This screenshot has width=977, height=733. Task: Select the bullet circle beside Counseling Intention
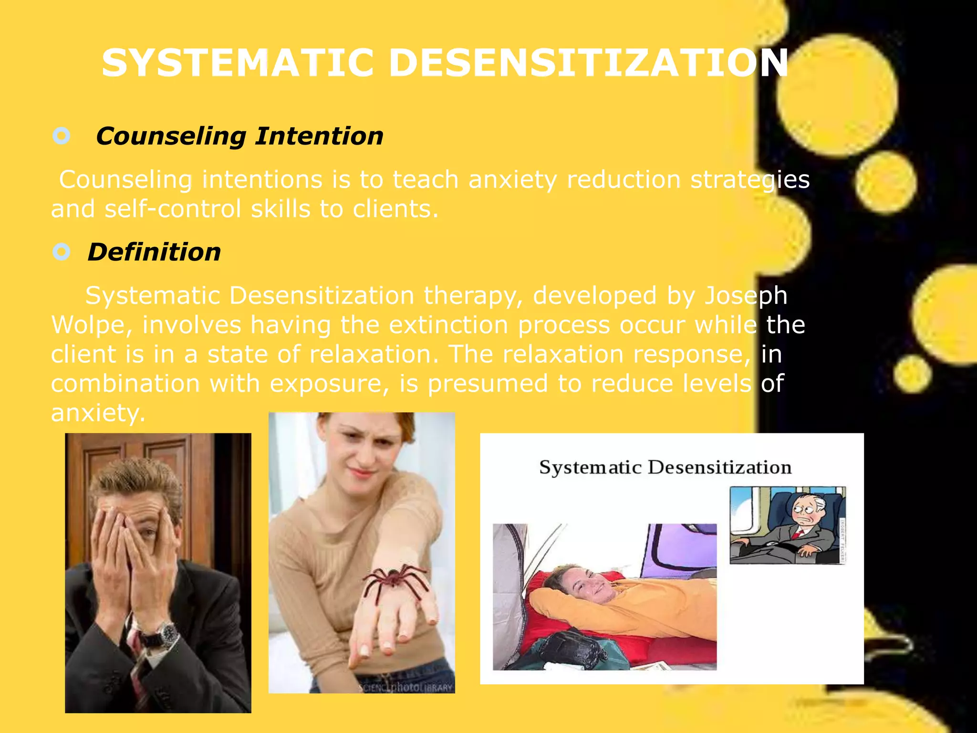[x=62, y=136]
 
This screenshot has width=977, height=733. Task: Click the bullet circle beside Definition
[x=62, y=251]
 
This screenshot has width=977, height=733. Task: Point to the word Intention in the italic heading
[x=319, y=136]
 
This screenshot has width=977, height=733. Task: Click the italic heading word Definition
[x=154, y=252]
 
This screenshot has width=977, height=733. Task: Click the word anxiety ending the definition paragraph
[x=97, y=413]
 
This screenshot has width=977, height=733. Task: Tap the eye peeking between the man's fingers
[x=146, y=533]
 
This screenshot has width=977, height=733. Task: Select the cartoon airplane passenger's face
[x=806, y=513]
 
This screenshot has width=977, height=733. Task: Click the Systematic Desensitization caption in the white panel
[x=665, y=467]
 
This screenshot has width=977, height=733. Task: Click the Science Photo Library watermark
[x=405, y=688]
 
